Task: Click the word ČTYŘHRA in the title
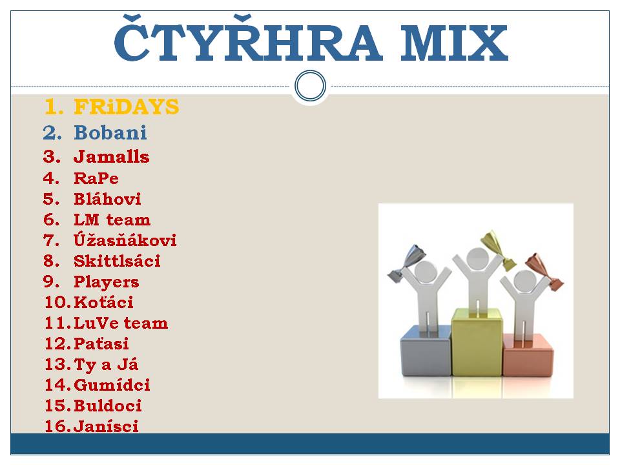tap(248, 38)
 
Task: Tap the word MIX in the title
tap(454, 43)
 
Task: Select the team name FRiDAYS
tap(127, 107)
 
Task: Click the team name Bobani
tap(110, 132)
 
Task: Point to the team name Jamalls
tap(112, 156)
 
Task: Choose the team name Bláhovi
tap(107, 198)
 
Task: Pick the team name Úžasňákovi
tap(125, 240)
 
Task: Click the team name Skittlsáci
tap(117, 261)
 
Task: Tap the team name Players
tap(107, 282)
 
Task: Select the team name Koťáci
tap(103, 302)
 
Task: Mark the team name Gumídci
tap(112, 385)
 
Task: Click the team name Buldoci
tap(108, 406)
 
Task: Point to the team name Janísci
tap(106, 426)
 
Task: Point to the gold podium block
tap(477, 342)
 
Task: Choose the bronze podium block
tap(528, 355)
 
